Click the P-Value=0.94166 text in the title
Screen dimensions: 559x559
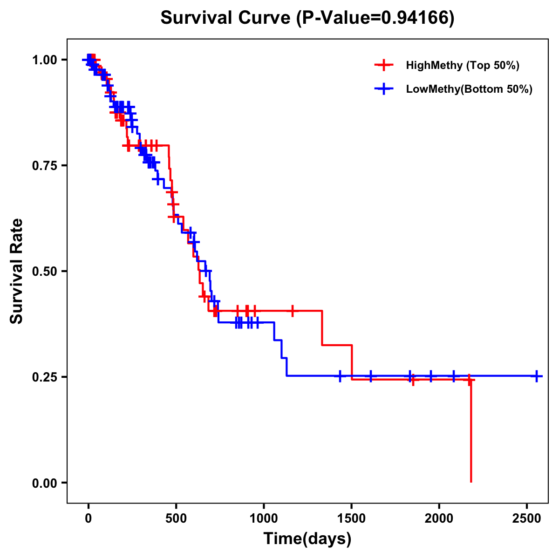[376, 18]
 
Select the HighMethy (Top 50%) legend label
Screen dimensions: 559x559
[462, 65]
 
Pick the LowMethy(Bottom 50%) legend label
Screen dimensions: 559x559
[469, 89]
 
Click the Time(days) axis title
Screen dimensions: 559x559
[307, 539]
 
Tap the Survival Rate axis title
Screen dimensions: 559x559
[17, 271]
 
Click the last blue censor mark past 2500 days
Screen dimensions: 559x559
[537, 376]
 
